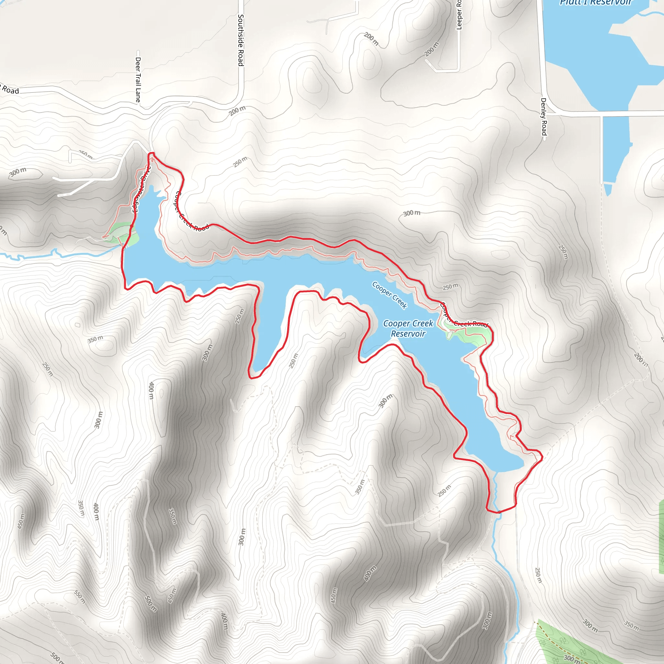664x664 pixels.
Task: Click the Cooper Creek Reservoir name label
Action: click(408, 328)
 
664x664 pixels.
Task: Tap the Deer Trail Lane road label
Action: click(138, 79)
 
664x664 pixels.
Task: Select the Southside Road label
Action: click(241, 40)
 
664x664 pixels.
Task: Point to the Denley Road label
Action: click(543, 116)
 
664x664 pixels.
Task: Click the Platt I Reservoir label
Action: click(596, 3)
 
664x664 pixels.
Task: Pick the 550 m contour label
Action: click(79, 597)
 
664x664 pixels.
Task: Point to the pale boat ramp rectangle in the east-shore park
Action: click(450, 335)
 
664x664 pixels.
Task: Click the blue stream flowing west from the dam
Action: click(52, 255)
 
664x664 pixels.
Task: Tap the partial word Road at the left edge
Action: click(10, 90)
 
